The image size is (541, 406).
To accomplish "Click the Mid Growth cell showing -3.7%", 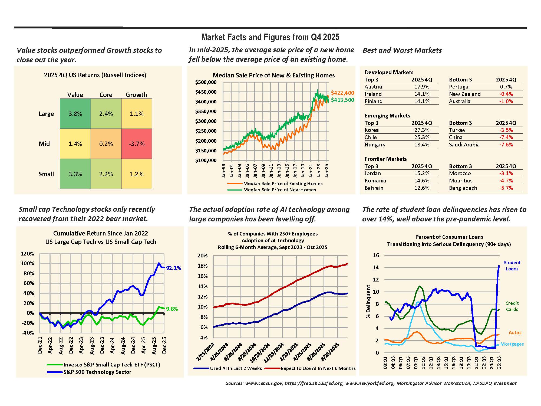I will [x=137, y=144].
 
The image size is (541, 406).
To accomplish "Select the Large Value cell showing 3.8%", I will [x=75, y=114].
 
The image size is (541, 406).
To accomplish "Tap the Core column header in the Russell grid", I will [x=106, y=95].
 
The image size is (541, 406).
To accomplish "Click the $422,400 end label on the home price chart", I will [x=342, y=93].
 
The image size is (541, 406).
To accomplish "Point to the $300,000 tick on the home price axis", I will [x=206, y=121].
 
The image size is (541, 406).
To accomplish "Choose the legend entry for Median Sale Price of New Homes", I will [x=279, y=190].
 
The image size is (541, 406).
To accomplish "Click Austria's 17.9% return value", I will [x=422, y=87].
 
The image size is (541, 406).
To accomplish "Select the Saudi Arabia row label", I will [x=464, y=145].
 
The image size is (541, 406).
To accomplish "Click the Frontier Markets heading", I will [x=385, y=159].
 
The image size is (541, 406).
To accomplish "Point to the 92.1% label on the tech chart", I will [x=173, y=268].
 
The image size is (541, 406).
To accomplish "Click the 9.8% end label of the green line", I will [x=172, y=309].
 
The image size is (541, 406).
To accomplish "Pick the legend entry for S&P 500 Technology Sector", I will [x=97, y=372].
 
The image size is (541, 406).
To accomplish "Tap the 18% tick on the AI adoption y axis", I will [x=202, y=266].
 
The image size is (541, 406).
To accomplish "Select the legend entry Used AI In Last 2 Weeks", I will [x=236, y=368].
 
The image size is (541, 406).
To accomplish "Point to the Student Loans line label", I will [x=512, y=266].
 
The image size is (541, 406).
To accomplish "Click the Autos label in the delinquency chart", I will [x=515, y=333].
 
